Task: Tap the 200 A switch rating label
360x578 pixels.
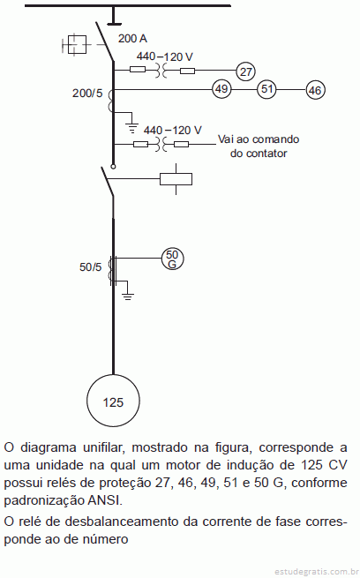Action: point(132,38)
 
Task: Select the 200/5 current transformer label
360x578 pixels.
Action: point(87,93)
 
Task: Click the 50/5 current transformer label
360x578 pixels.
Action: point(90,266)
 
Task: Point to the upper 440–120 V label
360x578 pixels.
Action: point(165,56)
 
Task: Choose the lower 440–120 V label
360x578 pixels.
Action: point(172,130)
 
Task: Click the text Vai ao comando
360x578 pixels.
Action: point(259,139)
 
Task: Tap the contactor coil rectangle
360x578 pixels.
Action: point(176,179)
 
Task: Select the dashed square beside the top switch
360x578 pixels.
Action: point(77,45)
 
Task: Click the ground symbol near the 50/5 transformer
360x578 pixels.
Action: point(127,297)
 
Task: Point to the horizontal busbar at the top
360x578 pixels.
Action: point(127,5)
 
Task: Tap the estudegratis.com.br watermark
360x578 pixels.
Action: point(317,572)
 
